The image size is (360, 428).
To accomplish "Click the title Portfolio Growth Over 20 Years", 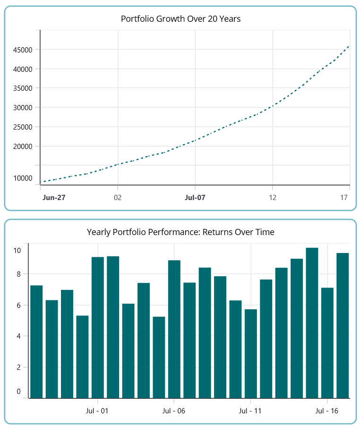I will [180, 19].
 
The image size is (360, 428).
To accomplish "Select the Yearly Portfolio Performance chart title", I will [180, 232].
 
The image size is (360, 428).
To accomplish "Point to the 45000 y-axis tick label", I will [23, 50].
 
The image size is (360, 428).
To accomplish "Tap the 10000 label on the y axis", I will [23, 178].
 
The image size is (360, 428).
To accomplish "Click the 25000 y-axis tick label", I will [23, 127].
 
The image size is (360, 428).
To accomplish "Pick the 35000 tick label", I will [23, 88].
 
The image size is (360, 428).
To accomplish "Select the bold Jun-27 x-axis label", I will [54, 197].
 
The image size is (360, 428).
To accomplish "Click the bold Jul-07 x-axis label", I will [195, 197].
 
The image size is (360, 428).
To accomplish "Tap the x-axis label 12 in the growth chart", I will [273, 197].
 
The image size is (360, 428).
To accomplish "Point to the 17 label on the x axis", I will [349, 197].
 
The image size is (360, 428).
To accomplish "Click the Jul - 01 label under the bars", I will [97, 411].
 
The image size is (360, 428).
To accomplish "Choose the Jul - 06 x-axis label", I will [174, 411].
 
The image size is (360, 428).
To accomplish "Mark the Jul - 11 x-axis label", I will [250, 411].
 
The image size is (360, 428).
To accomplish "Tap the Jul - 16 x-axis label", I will [327, 411].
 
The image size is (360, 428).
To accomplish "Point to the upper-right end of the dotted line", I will [349, 46].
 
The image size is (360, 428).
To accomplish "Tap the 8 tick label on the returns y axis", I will [18, 274].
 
